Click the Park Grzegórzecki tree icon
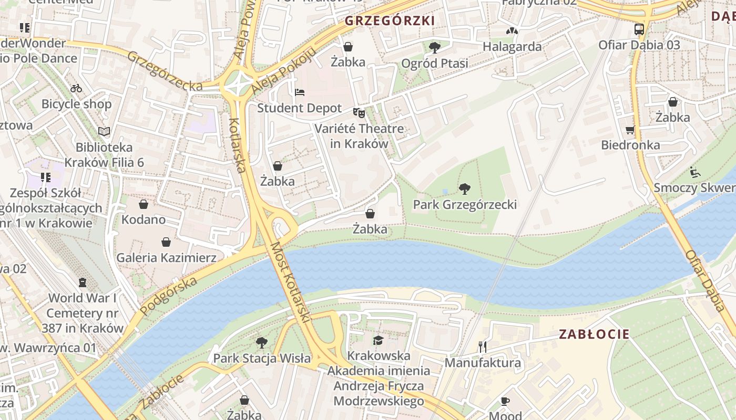tap(464, 189)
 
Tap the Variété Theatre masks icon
tap(359, 112)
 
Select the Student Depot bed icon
tap(299, 92)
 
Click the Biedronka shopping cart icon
tap(630, 129)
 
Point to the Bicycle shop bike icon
tap(76, 88)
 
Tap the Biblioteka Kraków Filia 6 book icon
tap(104, 131)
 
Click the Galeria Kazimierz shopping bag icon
tap(166, 242)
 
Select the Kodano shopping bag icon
tap(143, 204)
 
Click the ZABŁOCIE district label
tap(594, 334)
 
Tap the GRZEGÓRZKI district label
tap(390, 21)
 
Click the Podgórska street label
tap(169, 296)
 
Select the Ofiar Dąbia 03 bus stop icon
tap(639, 29)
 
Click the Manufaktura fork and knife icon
tap(483, 346)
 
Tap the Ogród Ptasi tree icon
tap(434, 48)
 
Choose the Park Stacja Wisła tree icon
tap(261, 343)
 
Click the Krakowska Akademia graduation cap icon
tap(379, 340)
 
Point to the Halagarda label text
tap(512, 47)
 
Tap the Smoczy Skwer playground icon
tap(694, 172)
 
